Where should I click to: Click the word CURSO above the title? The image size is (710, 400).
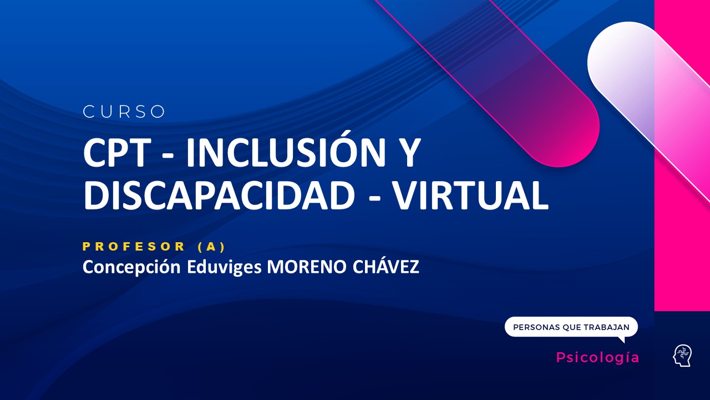tap(124, 112)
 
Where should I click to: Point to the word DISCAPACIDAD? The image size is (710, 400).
tap(219, 195)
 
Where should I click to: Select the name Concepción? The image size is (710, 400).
tap(131, 267)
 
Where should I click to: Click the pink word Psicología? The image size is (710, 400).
tap(597, 357)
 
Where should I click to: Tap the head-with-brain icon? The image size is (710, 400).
tap(682, 356)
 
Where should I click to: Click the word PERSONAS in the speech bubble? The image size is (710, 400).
tap(536, 327)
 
